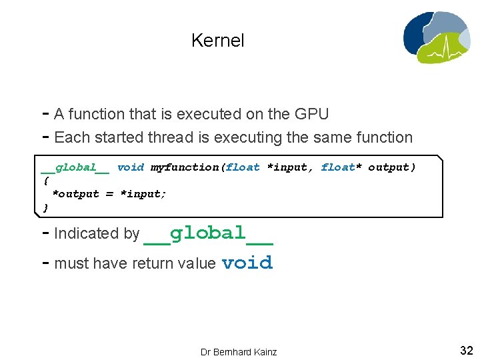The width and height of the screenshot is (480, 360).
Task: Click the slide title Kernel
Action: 217,41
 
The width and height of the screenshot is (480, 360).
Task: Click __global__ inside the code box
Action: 75,167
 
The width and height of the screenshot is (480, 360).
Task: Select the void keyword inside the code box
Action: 130,167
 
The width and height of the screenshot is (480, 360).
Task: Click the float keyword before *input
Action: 243,167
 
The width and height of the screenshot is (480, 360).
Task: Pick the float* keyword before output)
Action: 341,167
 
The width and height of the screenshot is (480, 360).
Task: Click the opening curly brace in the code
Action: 45,181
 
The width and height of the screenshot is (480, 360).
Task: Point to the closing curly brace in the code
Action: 45,207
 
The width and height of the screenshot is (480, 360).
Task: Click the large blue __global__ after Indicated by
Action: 208,233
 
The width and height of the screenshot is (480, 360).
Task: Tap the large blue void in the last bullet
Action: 247,263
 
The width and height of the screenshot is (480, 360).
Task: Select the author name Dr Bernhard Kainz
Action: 239,351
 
